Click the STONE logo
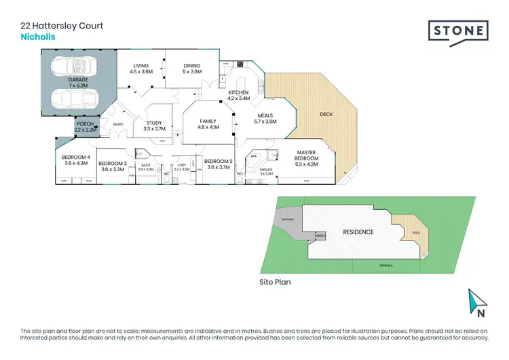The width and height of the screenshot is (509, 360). point(458,31)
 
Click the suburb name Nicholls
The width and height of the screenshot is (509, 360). point(38,37)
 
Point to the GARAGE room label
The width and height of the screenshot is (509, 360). point(78,79)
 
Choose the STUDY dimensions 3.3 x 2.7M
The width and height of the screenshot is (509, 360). point(155,128)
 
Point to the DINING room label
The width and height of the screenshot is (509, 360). point(192,66)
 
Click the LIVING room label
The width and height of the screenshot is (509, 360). point(142,66)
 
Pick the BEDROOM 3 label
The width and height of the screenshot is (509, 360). point(112,164)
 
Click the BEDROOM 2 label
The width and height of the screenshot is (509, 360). point(219,161)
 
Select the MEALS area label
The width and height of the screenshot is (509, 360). point(263,115)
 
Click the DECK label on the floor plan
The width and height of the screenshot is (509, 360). point(328,114)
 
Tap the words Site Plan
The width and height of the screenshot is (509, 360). point(276,281)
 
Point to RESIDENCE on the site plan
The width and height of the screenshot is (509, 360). point(358,232)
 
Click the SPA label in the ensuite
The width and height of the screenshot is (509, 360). point(253,156)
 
